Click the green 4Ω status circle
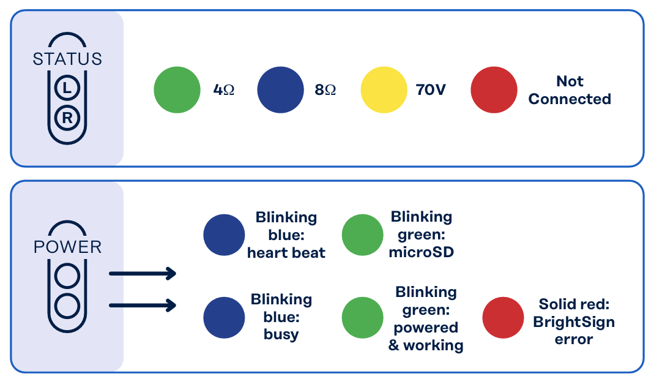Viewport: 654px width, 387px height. click(x=177, y=90)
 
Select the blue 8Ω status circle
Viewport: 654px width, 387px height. click(x=280, y=90)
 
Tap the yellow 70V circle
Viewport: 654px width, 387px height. click(x=384, y=90)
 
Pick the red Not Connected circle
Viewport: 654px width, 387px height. click(x=494, y=90)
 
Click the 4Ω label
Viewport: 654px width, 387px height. click(x=223, y=90)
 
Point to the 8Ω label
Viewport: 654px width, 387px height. click(x=325, y=90)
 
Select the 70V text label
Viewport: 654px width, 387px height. click(x=431, y=90)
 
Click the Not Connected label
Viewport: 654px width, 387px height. click(x=570, y=90)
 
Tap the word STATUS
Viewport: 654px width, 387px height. click(x=67, y=59)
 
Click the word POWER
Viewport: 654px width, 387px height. click(x=67, y=247)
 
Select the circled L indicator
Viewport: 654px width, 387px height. click(x=67, y=88)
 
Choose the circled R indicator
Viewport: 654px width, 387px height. click(x=67, y=118)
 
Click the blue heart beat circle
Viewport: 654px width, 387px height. click(x=224, y=235)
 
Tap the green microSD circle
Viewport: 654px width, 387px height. click(x=362, y=235)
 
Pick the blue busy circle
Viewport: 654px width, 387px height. click(x=224, y=317)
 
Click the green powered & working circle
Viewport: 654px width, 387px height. click(x=362, y=317)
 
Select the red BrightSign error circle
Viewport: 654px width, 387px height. click(x=503, y=317)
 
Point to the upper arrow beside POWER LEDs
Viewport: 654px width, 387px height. click(x=143, y=274)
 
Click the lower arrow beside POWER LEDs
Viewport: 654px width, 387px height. click(x=143, y=305)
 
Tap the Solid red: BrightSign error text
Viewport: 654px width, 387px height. click(x=574, y=321)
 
